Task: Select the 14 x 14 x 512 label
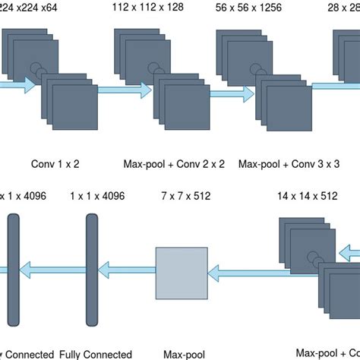click(307, 195)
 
